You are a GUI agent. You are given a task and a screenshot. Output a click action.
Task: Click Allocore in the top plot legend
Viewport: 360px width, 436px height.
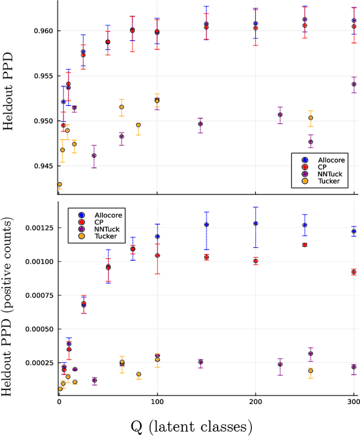tap(330, 160)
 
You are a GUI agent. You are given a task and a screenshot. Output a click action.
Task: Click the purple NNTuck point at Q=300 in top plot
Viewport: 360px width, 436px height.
tap(354, 84)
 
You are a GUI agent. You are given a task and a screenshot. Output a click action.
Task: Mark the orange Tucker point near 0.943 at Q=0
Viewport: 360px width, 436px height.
tap(59, 184)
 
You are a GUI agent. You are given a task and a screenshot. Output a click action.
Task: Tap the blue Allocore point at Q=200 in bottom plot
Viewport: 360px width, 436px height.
tap(255, 223)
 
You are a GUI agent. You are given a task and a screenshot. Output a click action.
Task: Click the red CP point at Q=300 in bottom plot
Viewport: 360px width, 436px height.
tap(354, 272)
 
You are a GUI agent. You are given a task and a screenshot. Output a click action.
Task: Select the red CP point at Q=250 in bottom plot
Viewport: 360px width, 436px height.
tap(305, 245)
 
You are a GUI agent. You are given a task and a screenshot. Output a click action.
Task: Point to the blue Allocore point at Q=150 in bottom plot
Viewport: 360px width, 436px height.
tap(206, 225)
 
